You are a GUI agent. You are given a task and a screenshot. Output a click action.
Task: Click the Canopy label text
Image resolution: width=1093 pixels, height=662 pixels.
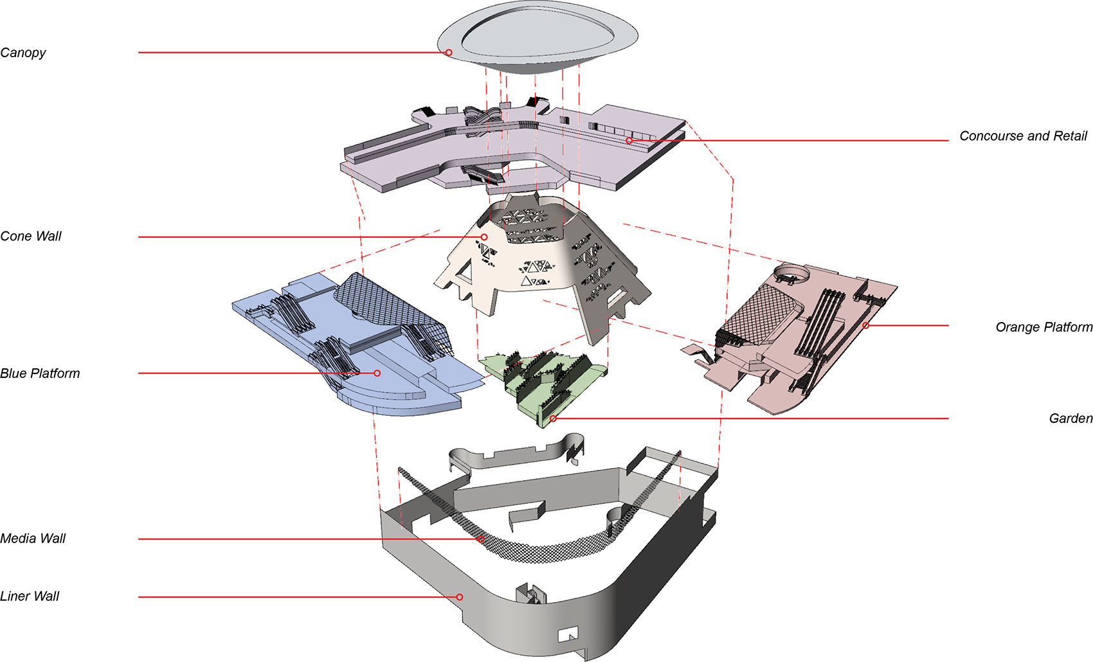[23, 53]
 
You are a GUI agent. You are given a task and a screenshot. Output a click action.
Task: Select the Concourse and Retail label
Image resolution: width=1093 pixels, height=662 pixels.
[1023, 136]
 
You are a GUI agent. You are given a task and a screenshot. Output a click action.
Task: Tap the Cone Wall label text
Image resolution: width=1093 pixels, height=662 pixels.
[31, 236]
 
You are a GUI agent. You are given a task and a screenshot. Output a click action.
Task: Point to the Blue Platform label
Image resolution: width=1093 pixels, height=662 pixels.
[40, 373]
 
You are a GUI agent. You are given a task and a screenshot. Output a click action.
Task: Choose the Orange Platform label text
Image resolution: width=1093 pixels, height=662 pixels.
[1043, 327]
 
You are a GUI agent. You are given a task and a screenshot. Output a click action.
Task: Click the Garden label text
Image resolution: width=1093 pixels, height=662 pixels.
[1070, 418]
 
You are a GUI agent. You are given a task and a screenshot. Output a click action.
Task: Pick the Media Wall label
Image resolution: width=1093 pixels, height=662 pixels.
[33, 539]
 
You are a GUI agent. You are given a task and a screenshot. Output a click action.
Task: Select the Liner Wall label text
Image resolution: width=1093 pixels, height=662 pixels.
[30, 596]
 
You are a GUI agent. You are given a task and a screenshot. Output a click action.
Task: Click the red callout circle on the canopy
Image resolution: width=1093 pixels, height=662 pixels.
[448, 53]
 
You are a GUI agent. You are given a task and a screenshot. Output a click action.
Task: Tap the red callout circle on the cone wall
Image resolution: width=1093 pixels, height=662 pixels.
[484, 237]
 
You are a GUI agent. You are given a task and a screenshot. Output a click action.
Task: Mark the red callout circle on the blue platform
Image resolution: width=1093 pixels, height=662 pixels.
[377, 373]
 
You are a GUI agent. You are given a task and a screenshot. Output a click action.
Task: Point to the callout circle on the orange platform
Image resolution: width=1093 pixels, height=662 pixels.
[865, 325]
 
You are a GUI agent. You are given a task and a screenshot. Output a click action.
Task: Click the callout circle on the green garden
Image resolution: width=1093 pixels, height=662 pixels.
[553, 418]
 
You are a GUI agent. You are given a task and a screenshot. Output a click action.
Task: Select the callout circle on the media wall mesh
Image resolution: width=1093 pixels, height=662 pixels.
[481, 539]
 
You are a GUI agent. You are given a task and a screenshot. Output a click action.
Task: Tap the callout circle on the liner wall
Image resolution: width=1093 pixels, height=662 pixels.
[459, 597]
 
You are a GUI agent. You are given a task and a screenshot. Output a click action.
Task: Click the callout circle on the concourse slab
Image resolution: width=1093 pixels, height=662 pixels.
[629, 141]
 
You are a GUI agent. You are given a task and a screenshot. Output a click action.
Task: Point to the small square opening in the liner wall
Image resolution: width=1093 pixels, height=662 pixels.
[568, 634]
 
